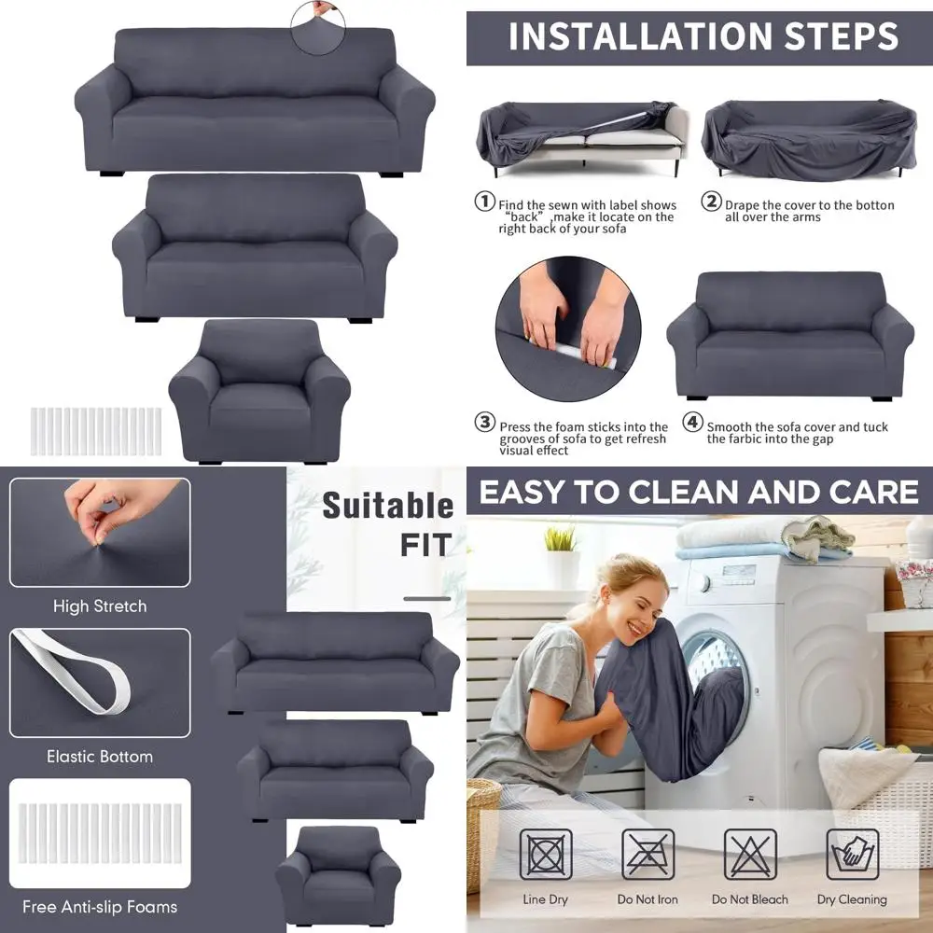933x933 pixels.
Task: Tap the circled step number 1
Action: click(485, 202)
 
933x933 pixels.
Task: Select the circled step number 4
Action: click(692, 423)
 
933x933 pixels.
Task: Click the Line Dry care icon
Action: click(546, 855)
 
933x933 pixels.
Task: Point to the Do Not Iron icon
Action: click(648, 855)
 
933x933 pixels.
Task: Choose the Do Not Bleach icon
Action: click(750, 855)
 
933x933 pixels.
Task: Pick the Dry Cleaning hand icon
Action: click(852, 855)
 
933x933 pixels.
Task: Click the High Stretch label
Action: click(100, 606)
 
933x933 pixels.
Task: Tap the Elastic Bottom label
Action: click(100, 757)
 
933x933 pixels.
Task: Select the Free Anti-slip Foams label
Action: click(101, 907)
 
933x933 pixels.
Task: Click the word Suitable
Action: click(387, 507)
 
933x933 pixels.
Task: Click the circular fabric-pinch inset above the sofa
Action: click(317, 26)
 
